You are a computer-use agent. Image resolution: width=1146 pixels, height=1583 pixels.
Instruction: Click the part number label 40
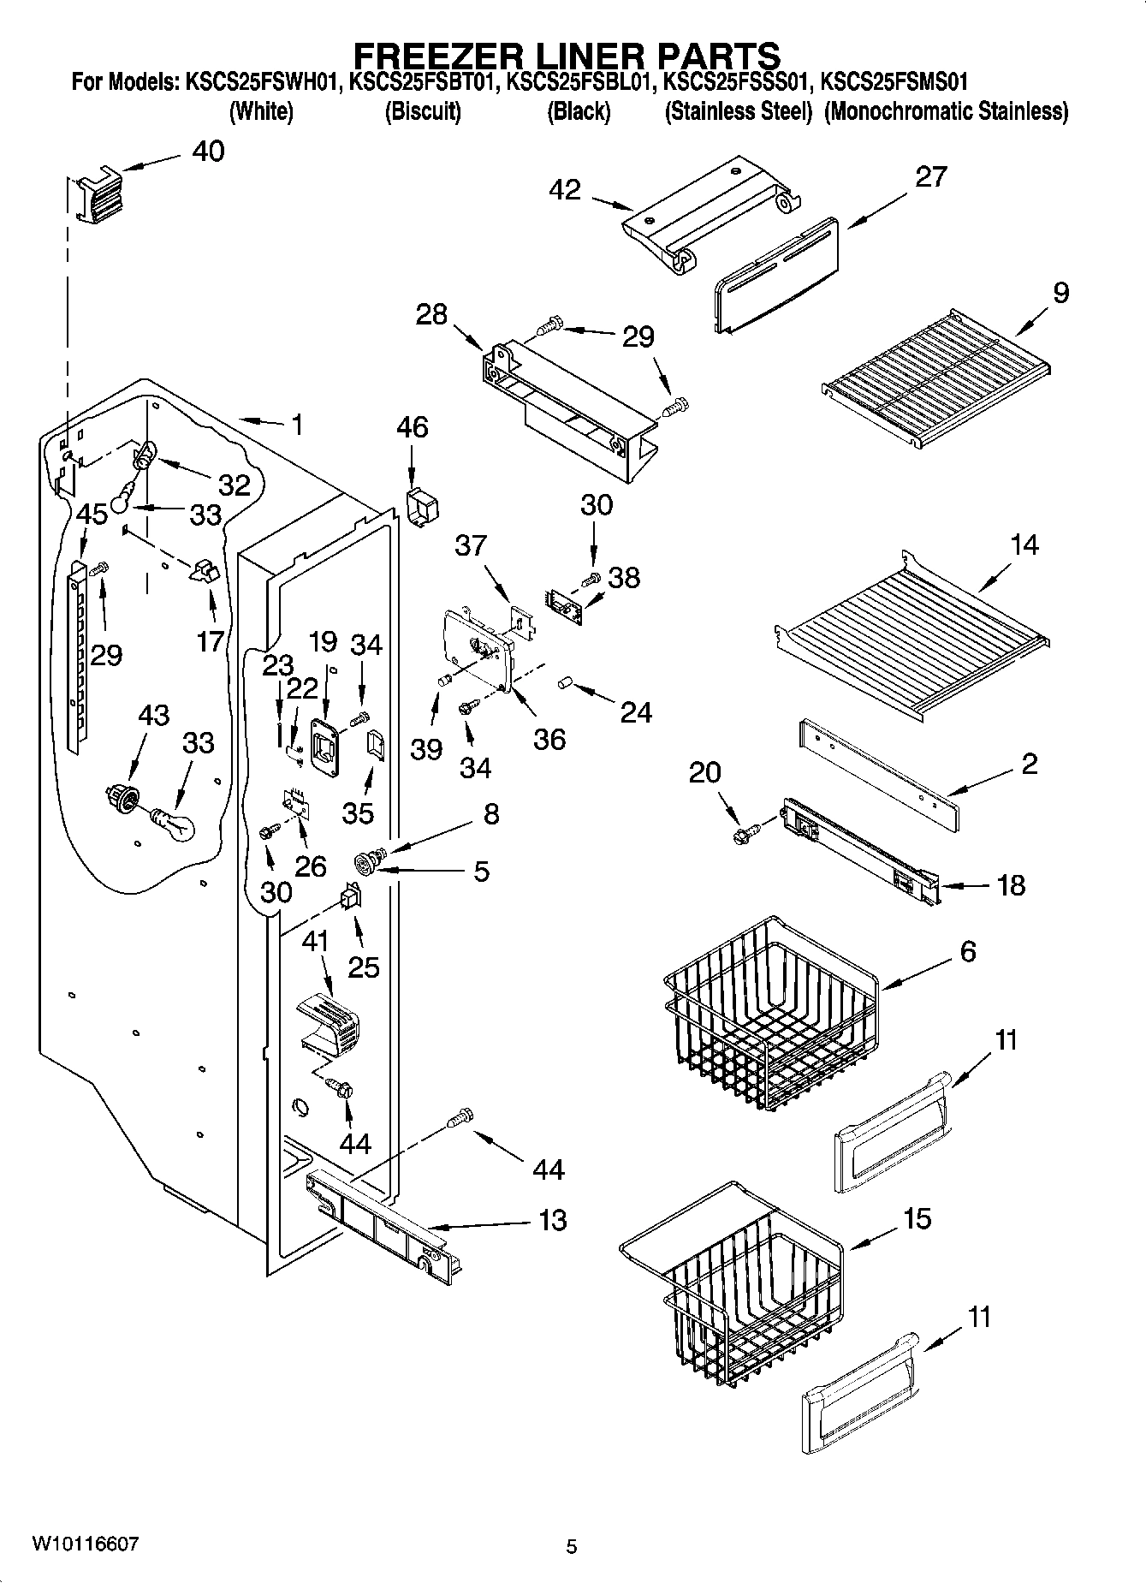coord(208,152)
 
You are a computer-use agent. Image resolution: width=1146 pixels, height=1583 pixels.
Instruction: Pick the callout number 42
coord(566,190)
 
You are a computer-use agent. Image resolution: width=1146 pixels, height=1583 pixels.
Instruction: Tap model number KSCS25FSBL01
coord(581,84)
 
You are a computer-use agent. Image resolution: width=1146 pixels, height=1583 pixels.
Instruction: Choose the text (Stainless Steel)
coord(738,112)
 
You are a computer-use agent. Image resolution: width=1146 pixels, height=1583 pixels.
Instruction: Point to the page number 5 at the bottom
coord(572,1546)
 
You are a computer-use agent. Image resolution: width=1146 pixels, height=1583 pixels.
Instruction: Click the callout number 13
coord(553,1220)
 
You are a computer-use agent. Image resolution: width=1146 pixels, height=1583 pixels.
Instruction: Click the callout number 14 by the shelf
coord(1024,545)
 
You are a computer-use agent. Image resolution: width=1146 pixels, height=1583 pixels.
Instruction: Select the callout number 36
coord(549,739)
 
